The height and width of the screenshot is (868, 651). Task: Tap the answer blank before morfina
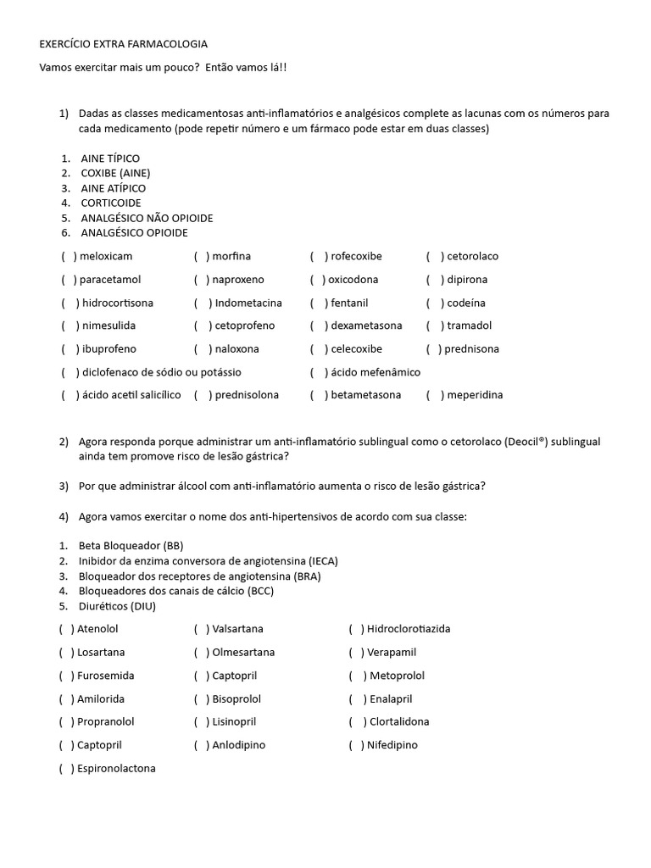[x=202, y=256]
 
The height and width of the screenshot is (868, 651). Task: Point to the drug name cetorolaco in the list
[x=472, y=256]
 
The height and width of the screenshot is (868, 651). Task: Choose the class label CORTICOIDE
[x=111, y=203]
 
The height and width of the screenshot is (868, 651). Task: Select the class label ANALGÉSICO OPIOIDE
[x=134, y=232]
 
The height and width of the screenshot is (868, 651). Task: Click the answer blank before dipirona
[x=435, y=280]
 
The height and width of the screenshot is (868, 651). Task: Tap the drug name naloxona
[x=237, y=348]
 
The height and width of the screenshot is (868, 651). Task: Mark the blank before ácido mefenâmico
[x=318, y=372]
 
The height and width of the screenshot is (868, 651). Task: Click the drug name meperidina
[x=475, y=395]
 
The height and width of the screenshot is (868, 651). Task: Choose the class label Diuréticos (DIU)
[x=117, y=606]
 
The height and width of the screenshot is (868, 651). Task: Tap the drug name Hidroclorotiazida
[x=409, y=629]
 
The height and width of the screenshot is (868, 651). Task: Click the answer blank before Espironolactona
[x=66, y=769]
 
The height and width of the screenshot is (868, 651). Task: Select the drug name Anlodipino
[x=240, y=745]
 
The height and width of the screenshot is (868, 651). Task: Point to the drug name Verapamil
[x=392, y=653]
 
